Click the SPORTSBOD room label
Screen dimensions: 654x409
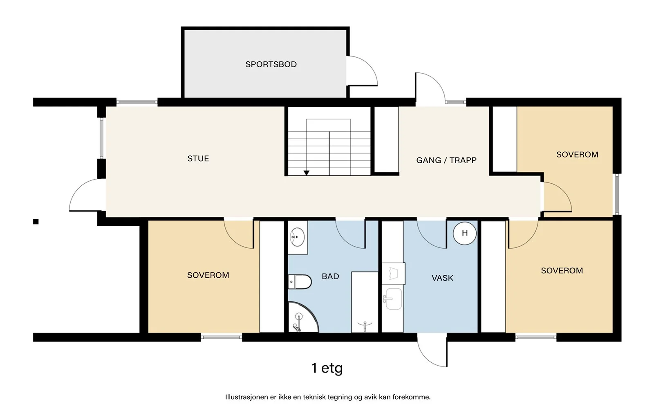point(271,64)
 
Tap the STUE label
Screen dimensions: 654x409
point(198,158)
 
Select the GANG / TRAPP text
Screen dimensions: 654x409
point(446,160)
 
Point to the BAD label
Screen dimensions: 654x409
point(330,276)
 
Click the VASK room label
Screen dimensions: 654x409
point(442,278)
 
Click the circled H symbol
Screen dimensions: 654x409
point(464,233)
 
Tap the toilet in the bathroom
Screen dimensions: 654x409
point(300,282)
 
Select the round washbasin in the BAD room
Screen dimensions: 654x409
point(297,237)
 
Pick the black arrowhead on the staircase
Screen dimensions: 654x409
point(306,173)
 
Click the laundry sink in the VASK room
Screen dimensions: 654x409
point(393,299)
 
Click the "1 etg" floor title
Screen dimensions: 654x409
point(327,368)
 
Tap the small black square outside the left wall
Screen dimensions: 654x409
point(36,222)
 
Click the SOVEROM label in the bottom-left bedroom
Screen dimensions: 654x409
point(208,275)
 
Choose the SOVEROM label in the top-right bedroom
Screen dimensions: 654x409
point(577,155)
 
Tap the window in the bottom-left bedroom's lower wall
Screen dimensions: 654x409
point(221,337)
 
